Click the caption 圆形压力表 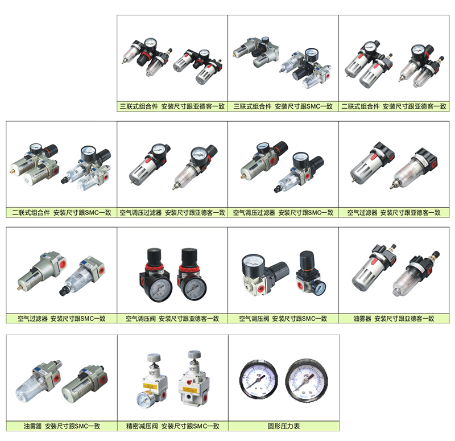(x=283, y=426)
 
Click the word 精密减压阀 (x=142, y=426)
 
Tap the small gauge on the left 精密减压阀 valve (x=144, y=399)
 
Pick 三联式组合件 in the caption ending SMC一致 (x=253, y=106)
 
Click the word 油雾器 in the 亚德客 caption (x=362, y=319)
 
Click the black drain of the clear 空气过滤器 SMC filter (x=63, y=291)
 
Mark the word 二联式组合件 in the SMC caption (x=31, y=213)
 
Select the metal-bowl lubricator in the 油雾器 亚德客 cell (x=374, y=269)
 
